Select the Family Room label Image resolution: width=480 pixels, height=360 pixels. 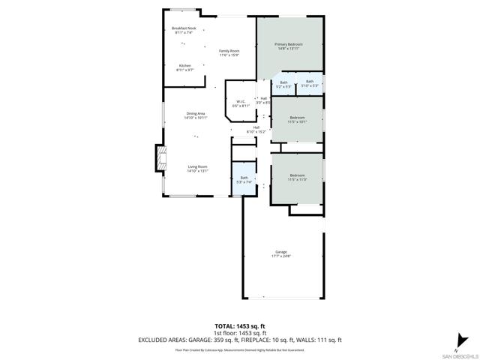[x=229, y=52]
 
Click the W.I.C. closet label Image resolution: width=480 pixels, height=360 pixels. [x=241, y=103]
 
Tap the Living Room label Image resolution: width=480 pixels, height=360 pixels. [x=197, y=169]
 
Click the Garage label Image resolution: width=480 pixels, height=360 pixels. [x=281, y=253]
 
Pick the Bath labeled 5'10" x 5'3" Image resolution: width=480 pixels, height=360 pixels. [x=310, y=83]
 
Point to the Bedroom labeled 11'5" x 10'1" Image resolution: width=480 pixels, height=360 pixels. [x=298, y=119]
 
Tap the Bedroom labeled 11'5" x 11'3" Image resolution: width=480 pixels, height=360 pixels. [x=298, y=178]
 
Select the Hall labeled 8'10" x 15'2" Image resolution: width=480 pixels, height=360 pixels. [x=256, y=129]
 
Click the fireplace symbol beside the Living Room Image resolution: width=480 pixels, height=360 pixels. [x=160, y=158]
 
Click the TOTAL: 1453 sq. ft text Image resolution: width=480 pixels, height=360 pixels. [x=240, y=325]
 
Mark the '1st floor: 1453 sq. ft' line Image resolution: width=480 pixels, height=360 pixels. [x=240, y=332]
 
